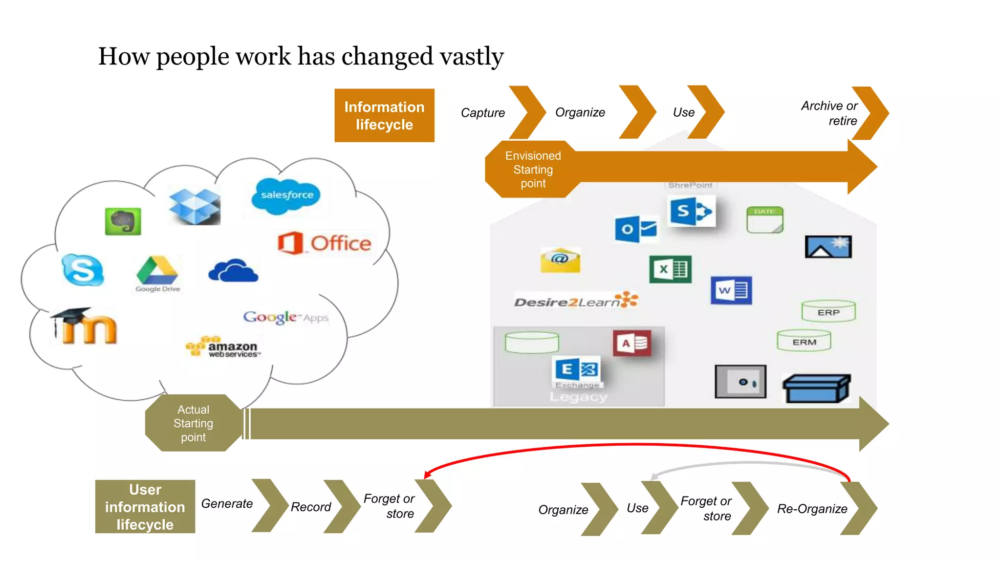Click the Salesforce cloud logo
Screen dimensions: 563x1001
[x=286, y=195]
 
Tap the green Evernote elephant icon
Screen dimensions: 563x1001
[x=123, y=221]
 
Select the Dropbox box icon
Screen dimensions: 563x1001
[x=195, y=206]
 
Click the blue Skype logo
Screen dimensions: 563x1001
[x=83, y=269]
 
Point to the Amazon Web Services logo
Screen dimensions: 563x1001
[x=223, y=347]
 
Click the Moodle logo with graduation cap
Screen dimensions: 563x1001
[x=84, y=326]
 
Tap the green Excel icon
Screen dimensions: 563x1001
[x=670, y=269]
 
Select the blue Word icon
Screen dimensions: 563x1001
[x=731, y=290]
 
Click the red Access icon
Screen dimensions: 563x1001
[x=632, y=343]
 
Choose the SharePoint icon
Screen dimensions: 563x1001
[x=691, y=211]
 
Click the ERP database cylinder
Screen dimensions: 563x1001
[x=828, y=311]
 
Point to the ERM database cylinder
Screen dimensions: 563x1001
[x=804, y=341]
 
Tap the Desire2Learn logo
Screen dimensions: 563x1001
[x=576, y=301]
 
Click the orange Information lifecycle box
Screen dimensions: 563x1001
[x=384, y=115]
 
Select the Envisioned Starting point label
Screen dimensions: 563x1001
[x=533, y=169]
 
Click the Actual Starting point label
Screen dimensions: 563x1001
[x=194, y=423]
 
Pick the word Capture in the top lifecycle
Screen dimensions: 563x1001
[x=483, y=113]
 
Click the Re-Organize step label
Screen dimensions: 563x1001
[x=812, y=509]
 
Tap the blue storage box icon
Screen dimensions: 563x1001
[x=816, y=389]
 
